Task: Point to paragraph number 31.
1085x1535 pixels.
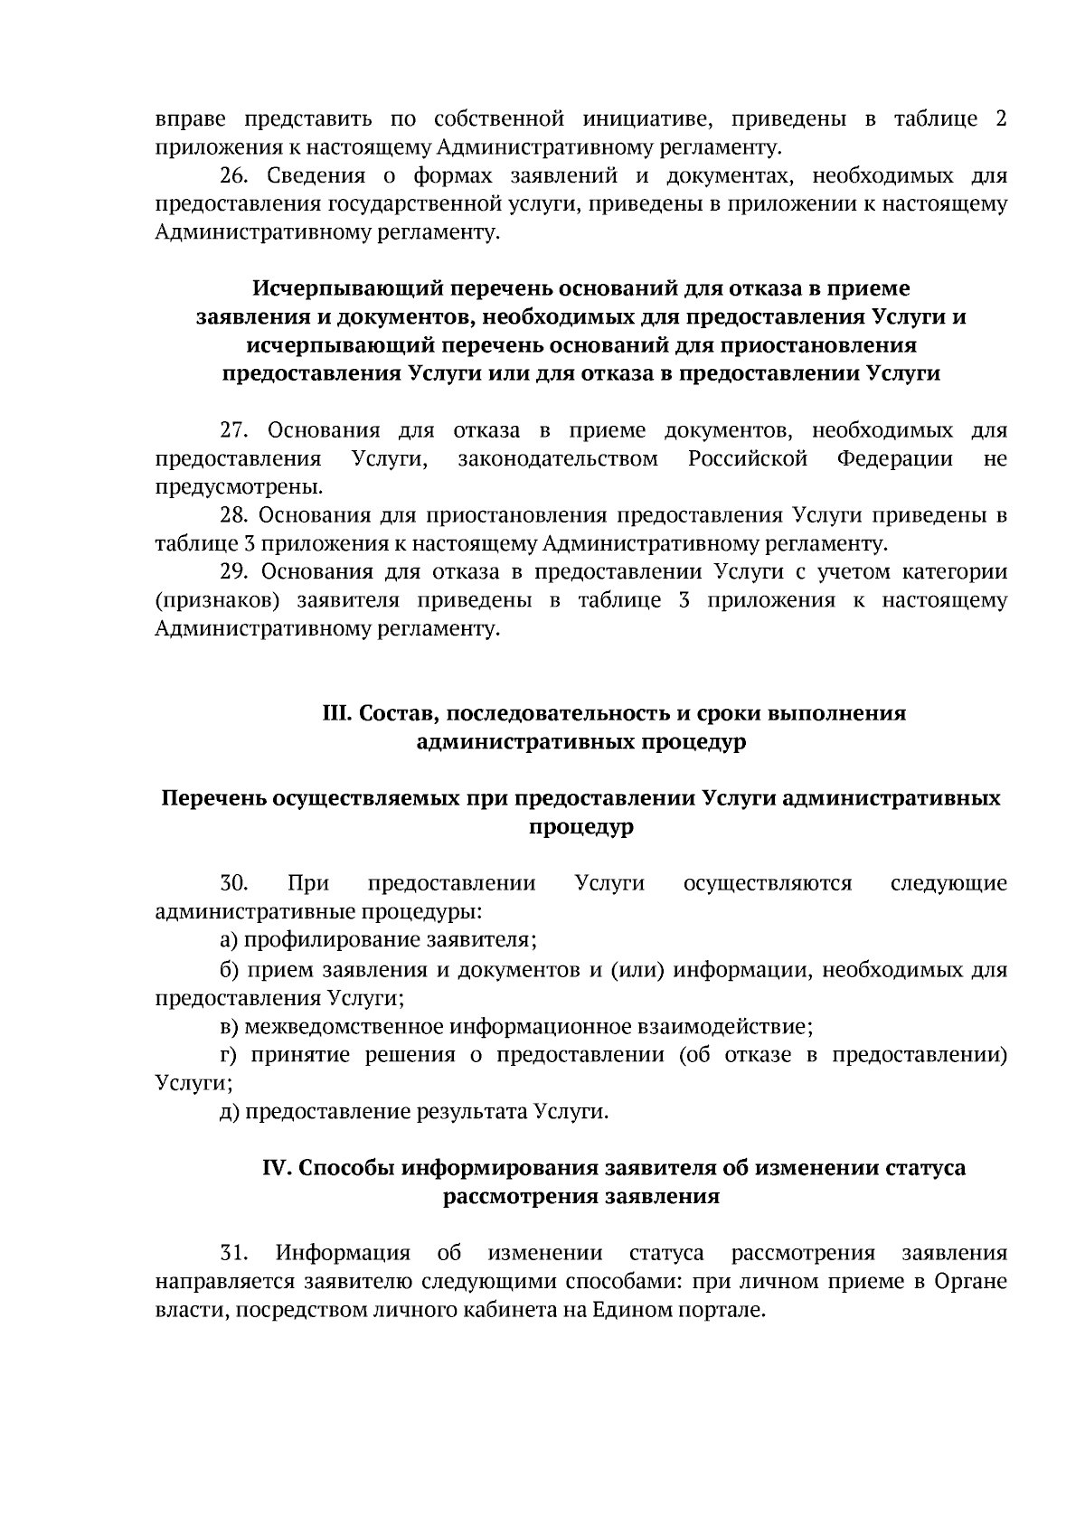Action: click(x=234, y=1253)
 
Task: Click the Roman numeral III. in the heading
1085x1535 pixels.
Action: click(x=337, y=713)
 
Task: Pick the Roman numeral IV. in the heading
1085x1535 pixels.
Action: click(x=276, y=1167)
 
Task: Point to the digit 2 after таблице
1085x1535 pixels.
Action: click(x=1001, y=119)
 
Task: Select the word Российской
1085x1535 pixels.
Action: click(x=747, y=459)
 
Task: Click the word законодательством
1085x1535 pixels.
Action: click(x=558, y=459)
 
